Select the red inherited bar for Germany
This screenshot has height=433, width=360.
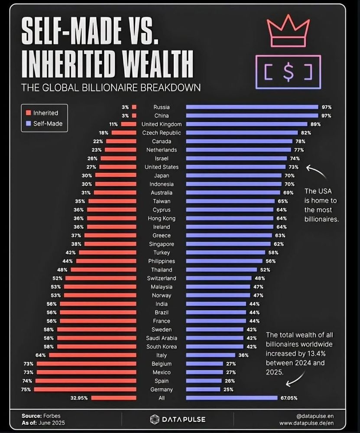pyautogui.click(x=85, y=389)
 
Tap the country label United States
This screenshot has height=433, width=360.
pyautogui.click(x=162, y=167)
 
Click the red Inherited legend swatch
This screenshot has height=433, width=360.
pyautogui.click(x=29, y=113)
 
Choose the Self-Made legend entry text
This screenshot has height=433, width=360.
pyautogui.click(x=48, y=124)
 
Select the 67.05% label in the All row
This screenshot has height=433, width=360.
pyautogui.click(x=289, y=398)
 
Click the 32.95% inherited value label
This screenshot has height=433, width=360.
pyautogui.click(x=78, y=398)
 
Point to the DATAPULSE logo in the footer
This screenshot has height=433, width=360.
pyautogui.click(x=178, y=419)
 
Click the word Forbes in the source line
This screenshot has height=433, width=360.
pyautogui.click(x=52, y=416)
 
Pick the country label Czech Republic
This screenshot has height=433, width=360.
pyautogui.click(x=162, y=133)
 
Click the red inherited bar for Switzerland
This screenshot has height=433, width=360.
pyautogui.click(x=101, y=278)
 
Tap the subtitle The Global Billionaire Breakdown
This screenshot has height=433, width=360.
pyautogui.click(x=110, y=87)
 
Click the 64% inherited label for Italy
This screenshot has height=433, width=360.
pyautogui.click(x=41, y=355)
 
